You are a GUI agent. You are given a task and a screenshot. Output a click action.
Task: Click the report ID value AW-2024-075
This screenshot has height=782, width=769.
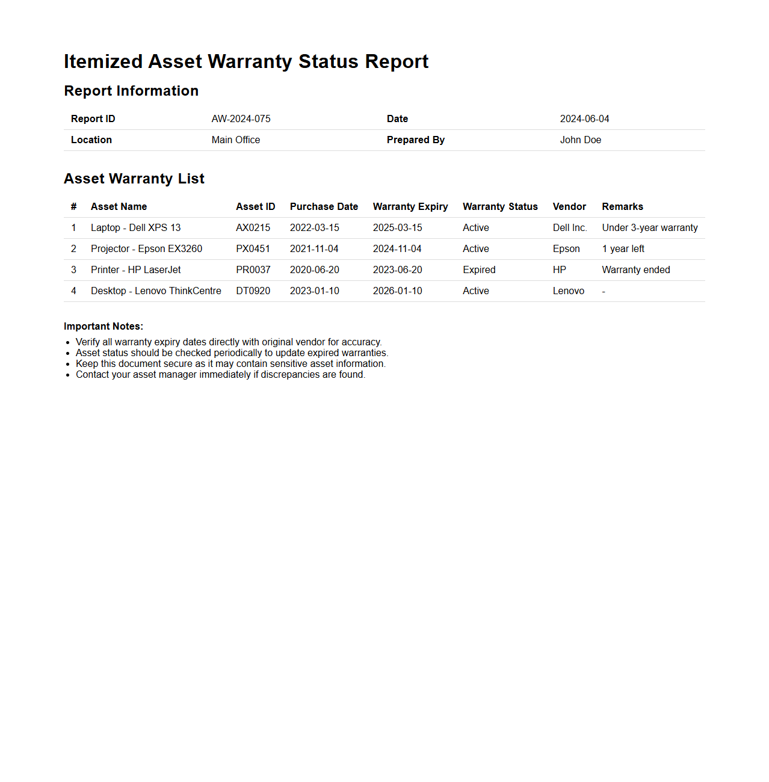pos(241,119)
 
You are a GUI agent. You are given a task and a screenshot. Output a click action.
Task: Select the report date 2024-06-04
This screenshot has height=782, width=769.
pos(584,119)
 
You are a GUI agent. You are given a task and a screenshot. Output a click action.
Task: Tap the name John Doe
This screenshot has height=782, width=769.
pos(580,140)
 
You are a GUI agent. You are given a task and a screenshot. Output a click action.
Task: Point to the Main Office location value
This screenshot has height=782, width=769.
pos(236,140)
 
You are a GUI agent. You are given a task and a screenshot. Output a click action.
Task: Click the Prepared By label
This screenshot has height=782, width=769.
pos(415,140)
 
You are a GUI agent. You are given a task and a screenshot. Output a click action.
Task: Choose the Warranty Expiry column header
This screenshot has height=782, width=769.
pos(410,207)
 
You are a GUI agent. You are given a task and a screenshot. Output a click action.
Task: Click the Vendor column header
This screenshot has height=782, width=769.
pos(569,207)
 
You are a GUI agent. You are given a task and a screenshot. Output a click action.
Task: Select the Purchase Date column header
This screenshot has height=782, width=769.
pos(324,207)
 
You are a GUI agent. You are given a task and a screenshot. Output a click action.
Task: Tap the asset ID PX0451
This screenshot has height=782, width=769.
pos(253,249)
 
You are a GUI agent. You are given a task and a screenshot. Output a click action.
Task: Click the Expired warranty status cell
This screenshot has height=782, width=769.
pos(479,270)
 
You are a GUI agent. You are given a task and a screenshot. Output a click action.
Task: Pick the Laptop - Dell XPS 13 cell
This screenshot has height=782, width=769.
pos(135,228)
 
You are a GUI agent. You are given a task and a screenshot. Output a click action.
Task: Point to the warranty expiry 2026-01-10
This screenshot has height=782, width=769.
pos(397,291)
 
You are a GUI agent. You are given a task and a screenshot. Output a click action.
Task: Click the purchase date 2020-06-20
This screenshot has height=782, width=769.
pos(314,270)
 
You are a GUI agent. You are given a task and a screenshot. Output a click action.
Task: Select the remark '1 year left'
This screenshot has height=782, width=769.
pos(623,249)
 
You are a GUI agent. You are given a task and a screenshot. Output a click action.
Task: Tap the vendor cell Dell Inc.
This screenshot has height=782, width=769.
pos(569,228)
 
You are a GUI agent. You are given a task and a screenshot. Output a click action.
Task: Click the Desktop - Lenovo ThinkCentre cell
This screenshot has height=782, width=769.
pos(156,291)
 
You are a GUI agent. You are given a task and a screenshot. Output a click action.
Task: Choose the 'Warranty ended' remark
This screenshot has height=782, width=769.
pos(635,270)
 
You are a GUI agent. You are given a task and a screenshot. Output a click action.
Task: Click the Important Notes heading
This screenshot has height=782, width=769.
pos(103,327)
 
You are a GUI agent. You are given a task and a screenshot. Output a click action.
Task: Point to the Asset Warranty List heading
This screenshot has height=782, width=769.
pos(134,179)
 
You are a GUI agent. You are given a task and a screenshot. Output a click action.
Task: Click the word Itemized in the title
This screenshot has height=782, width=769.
pos(103,62)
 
